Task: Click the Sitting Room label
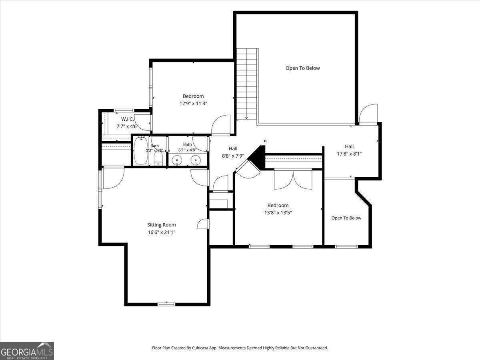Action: tap(161, 225)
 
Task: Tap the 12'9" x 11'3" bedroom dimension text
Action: tap(193, 103)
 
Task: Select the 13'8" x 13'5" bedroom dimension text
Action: tap(278, 212)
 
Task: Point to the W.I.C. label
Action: tap(128, 119)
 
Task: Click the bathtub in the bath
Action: tap(141, 151)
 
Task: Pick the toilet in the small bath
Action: tap(158, 158)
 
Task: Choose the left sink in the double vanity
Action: tap(177, 160)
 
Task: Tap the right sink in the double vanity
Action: tap(196, 160)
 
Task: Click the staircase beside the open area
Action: tap(247, 84)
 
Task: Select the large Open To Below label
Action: tap(303, 68)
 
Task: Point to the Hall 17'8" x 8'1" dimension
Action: tap(349, 154)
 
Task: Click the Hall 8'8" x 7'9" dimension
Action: tap(233, 156)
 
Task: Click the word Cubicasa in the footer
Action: tap(199, 348)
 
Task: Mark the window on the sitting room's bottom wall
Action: tap(166, 304)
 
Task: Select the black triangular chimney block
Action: tap(257, 157)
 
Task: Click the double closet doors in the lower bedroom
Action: tap(293, 180)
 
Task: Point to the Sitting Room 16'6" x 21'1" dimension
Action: tap(161, 232)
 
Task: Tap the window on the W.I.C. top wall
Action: tap(124, 110)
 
